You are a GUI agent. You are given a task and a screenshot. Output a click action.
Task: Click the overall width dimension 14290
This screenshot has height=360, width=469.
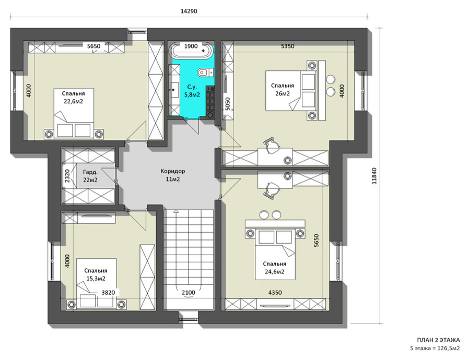click(x=189, y=11)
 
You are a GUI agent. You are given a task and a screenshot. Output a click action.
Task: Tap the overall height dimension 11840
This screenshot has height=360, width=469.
click(x=374, y=176)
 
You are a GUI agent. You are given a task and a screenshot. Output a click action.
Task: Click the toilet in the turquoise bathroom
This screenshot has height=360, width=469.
click(x=205, y=72)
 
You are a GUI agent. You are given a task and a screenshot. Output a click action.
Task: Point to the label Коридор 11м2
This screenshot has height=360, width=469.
click(x=172, y=175)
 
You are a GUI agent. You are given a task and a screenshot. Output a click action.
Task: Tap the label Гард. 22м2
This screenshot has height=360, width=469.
click(x=90, y=176)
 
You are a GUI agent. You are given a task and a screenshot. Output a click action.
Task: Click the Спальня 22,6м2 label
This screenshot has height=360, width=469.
click(x=73, y=98)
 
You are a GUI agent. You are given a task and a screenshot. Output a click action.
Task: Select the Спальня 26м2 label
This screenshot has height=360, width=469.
click(x=283, y=89)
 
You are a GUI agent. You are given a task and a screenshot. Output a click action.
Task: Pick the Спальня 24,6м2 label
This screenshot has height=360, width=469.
click(x=274, y=268)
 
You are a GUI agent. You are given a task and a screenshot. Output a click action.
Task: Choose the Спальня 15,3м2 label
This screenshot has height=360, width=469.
click(x=96, y=274)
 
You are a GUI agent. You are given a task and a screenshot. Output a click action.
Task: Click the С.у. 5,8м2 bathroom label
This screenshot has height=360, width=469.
click(x=192, y=91)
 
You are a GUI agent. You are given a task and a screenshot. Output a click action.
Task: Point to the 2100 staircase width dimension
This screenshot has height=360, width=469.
click(x=189, y=293)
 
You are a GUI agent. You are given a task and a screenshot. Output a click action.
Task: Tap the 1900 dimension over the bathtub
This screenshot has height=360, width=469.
click(x=191, y=46)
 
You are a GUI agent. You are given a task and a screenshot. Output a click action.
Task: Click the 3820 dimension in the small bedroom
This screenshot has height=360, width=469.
click(x=108, y=293)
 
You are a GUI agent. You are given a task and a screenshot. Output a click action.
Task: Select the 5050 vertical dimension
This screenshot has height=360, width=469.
click(x=228, y=104)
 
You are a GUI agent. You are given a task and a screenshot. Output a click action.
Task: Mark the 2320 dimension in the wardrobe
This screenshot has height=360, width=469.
click(x=67, y=176)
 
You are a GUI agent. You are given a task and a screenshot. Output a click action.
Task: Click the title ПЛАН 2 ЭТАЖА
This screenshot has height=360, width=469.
click(x=439, y=340)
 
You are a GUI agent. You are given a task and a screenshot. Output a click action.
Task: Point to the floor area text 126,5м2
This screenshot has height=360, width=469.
click(x=448, y=348)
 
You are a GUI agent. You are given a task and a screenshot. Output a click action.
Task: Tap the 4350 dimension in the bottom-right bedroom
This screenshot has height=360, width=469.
click(x=275, y=293)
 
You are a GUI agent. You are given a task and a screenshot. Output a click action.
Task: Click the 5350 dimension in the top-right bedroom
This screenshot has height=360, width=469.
click(x=288, y=46)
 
